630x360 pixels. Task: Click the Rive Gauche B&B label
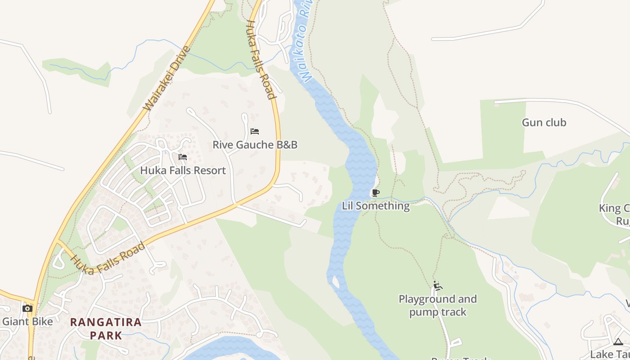click(x=255, y=145)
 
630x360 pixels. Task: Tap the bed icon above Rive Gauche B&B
click(x=255, y=131)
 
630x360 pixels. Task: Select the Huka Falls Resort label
click(x=183, y=171)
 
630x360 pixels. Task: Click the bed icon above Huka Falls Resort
click(x=183, y=157)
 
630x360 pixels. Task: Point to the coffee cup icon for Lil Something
click(x=375, y=193)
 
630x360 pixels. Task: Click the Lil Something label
click(x=376, y=206)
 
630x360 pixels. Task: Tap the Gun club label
click(x=544, y=122)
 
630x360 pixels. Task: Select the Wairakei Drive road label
click(x=167, y=78)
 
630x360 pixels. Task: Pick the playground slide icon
click(x=437, y=286)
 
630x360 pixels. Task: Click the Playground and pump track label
click(x=437, y=306)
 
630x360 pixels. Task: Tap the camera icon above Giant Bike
click(x=27, y=308)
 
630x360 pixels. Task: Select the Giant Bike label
click(x=27, y=321)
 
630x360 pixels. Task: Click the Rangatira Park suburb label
click(x=106, y=328)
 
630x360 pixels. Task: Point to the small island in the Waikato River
click(x=335, y=282)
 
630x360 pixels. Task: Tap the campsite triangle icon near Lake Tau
click(x=618, y=342)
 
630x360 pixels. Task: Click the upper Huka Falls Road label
click(x=260, y=59)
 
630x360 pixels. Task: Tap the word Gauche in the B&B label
click(x=255, y=145)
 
